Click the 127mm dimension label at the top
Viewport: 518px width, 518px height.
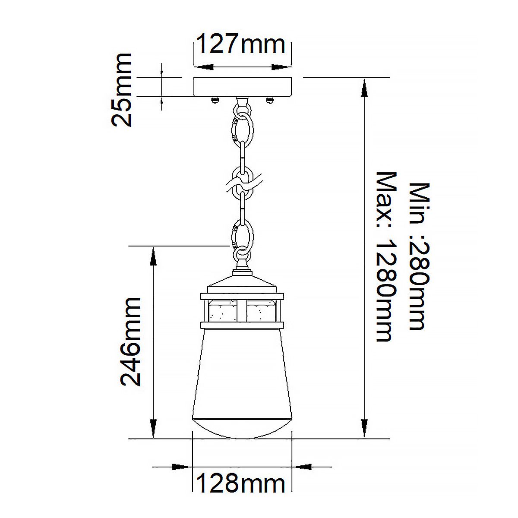point(241,44)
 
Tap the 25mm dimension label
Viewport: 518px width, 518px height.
point(121,90)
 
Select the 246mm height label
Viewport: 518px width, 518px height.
point(130,341)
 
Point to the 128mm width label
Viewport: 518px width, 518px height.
point(241,483)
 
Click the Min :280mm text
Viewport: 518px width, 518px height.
point(420,256)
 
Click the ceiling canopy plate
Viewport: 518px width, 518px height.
point(243,87)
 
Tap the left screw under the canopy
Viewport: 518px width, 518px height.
point(215,101)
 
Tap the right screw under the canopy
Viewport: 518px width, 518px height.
point(270,101)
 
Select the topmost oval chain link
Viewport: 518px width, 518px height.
point(243,126)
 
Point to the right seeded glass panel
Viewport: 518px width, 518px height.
point(262,311)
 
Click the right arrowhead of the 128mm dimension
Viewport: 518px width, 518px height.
point(304,467)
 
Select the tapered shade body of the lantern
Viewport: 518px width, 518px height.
point(242,371)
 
